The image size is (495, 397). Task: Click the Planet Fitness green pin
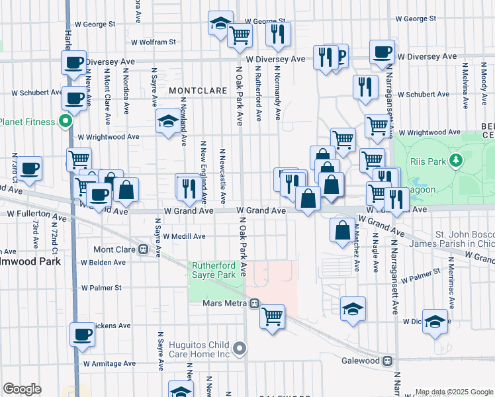click(65, 121)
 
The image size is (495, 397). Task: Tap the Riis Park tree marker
click(455, 160)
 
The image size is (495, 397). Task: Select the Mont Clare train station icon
click(142, 249)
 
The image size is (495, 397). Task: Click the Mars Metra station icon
click(253, 303)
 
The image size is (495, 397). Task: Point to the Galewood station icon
click(388, 361)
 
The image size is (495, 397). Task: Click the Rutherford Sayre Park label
click(213, 269)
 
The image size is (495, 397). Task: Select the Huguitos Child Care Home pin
click(240, 347)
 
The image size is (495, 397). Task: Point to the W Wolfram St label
click(153, 42)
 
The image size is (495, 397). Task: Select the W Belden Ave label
click(104, 263)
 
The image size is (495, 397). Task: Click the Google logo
click(22, 389)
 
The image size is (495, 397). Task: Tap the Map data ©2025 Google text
click(453, 392)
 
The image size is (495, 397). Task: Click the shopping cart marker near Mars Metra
click(272, 317)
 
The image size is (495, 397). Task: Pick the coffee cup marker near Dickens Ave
click(82, 334)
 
